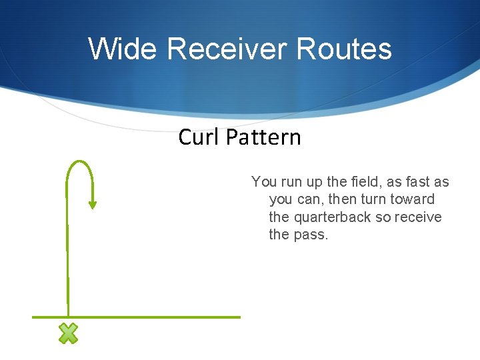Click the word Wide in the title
(123, 49)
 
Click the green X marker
(68, 333)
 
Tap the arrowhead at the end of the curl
(93, 204)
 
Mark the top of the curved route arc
(79, 161)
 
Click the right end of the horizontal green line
(239, 317)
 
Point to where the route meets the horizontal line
(68, 317)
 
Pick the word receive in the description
(419, 217)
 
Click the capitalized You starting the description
(263, 182)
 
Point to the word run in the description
(291, 182)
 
